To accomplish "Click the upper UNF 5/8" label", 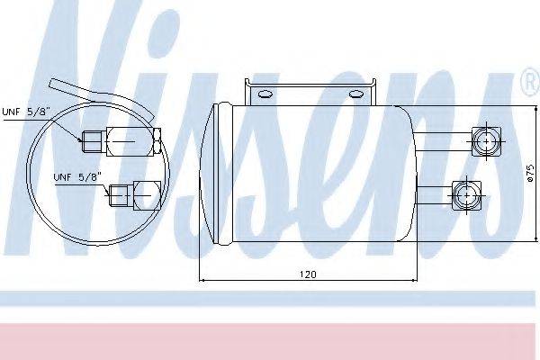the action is (26, 112).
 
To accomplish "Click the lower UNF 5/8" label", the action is (77, 177).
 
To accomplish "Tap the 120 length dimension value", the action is (308, 274).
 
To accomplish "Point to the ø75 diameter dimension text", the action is (530, 173).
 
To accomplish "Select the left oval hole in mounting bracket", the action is (265, 94).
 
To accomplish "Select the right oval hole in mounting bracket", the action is (356, 94).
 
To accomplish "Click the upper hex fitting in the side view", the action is (486, 141).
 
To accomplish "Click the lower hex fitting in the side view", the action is (466, 195).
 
